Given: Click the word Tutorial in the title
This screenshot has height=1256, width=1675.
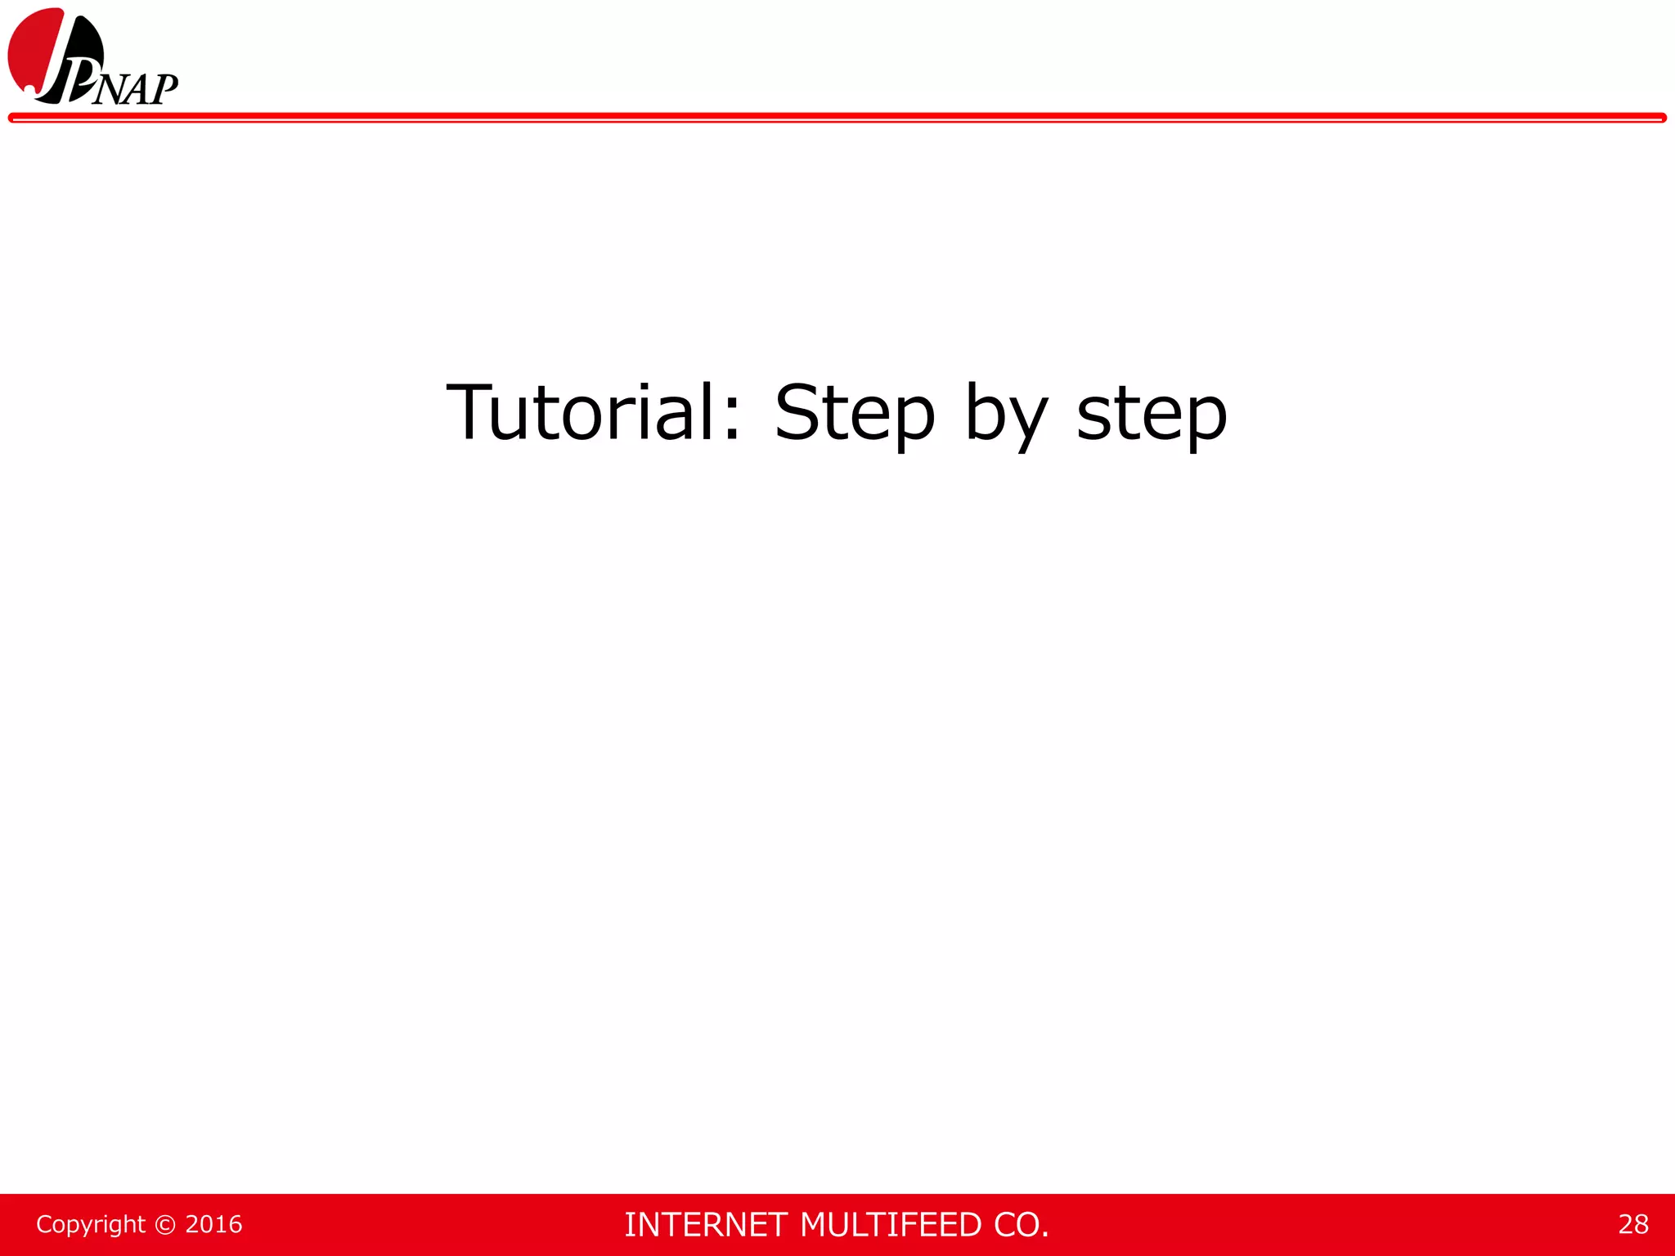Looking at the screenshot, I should (582, 412).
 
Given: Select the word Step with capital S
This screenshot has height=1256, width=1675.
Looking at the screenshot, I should (854, 414).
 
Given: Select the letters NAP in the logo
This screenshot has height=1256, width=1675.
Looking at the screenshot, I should (135, 89).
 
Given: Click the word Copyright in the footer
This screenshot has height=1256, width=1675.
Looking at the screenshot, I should (91, 1224).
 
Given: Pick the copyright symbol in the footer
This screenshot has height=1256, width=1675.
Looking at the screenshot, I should (165, 1224).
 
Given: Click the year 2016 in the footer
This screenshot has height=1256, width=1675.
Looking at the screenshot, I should (213, 1224).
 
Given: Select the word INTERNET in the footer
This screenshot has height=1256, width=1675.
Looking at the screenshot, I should (706, 1225).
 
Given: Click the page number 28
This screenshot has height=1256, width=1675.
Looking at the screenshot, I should (1632, 1224).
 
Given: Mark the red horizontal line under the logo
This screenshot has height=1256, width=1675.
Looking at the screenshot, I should (837, 119).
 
